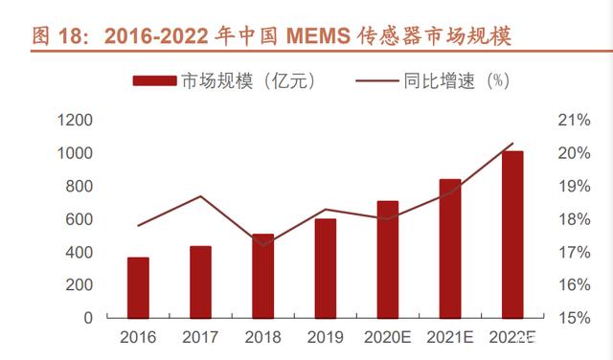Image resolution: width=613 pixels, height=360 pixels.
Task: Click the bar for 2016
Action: [138, 287]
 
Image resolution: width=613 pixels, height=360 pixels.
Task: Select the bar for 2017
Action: [200, 282]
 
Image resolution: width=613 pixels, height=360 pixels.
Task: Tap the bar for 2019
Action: [326, 268]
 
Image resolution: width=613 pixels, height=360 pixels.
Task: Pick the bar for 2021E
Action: [450, 249]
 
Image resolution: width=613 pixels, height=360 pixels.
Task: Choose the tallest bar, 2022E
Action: [512, 235]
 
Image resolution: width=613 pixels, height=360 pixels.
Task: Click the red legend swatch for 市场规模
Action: [154, 81]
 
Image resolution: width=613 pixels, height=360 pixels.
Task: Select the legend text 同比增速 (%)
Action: [456, 81]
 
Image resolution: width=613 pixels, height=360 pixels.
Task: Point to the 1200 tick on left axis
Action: [75, 120]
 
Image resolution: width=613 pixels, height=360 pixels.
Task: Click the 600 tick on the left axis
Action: [79, 219]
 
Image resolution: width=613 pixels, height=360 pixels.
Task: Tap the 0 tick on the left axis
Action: [88, 318]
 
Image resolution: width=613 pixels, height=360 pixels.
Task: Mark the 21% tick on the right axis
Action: [574, 120]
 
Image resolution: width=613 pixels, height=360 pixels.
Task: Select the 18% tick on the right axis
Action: [574, 219]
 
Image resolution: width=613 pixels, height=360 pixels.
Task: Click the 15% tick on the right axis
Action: [574, 318]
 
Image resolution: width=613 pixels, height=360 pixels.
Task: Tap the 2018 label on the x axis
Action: [262, 337]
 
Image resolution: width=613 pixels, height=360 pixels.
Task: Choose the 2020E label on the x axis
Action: [387, 337]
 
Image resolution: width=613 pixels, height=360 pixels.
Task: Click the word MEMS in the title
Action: [318, 36]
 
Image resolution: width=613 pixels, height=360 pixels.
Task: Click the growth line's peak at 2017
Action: [200, 196]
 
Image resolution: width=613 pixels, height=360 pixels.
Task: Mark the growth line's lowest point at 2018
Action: [263, 245]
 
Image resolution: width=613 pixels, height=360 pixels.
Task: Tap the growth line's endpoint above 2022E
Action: [512, 144]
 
